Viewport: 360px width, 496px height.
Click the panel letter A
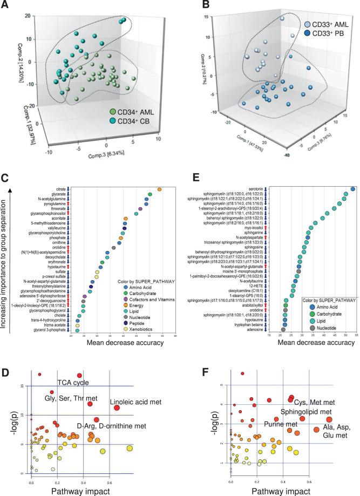pos(5,6)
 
